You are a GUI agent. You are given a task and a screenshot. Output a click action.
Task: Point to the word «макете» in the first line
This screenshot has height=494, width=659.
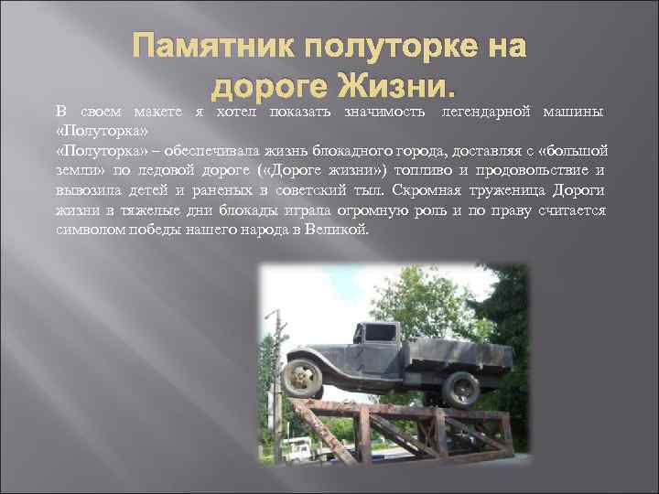click(x=158, y=113)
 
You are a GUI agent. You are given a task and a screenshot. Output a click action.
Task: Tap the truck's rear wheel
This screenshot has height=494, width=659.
click(x=459, y=387)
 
